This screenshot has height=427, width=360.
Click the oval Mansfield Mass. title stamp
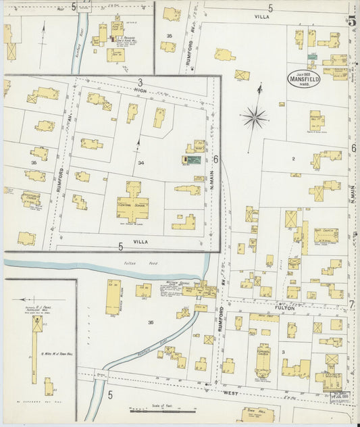click(x=305, y=78)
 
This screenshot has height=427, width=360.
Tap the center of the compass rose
click(x=255, y=118)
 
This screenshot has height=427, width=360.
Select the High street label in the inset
click(x=140, y=90)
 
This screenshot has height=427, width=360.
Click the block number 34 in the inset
click(x=140, y=163)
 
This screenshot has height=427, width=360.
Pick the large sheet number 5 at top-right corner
click(x=353, y=22)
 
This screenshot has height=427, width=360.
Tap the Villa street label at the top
click(x=261, y=16)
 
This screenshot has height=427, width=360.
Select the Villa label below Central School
click(x=139, y=241)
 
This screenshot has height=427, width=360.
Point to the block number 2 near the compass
click(x=294, y=159)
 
